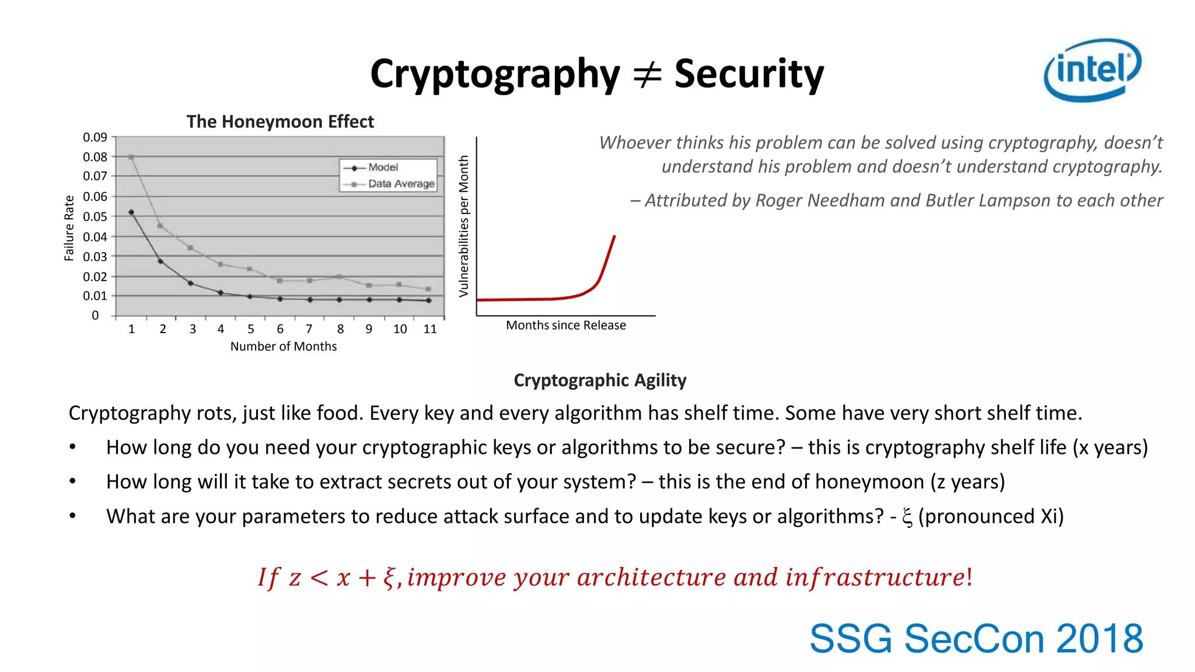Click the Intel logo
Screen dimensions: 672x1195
pos(1092,70)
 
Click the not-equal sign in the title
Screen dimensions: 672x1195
pos(647,75)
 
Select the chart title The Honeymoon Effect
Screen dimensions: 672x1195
pos(280,121)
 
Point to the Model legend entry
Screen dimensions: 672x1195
pos(382,167)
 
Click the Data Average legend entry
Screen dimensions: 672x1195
pos(400,184)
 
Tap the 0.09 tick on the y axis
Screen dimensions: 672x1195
pos(95,137)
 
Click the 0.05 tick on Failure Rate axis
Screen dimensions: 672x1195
pos(95,216)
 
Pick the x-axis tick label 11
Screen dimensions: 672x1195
pos(430,329)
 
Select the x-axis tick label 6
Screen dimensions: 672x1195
pos(280,329)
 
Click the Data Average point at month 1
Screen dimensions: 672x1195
pos(131,157)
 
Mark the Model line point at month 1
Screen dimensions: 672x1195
pos(131,212)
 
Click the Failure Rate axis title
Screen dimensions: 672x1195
pos(69,228)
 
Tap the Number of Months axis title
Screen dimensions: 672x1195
pos(284,346)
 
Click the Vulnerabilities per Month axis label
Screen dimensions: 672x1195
pos(464,226)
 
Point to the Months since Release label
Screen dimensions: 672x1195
pos(565,325)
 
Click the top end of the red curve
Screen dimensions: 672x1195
pos(614,236)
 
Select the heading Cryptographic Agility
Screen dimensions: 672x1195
pos(600,380)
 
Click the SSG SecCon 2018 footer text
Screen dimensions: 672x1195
pos(976,639)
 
